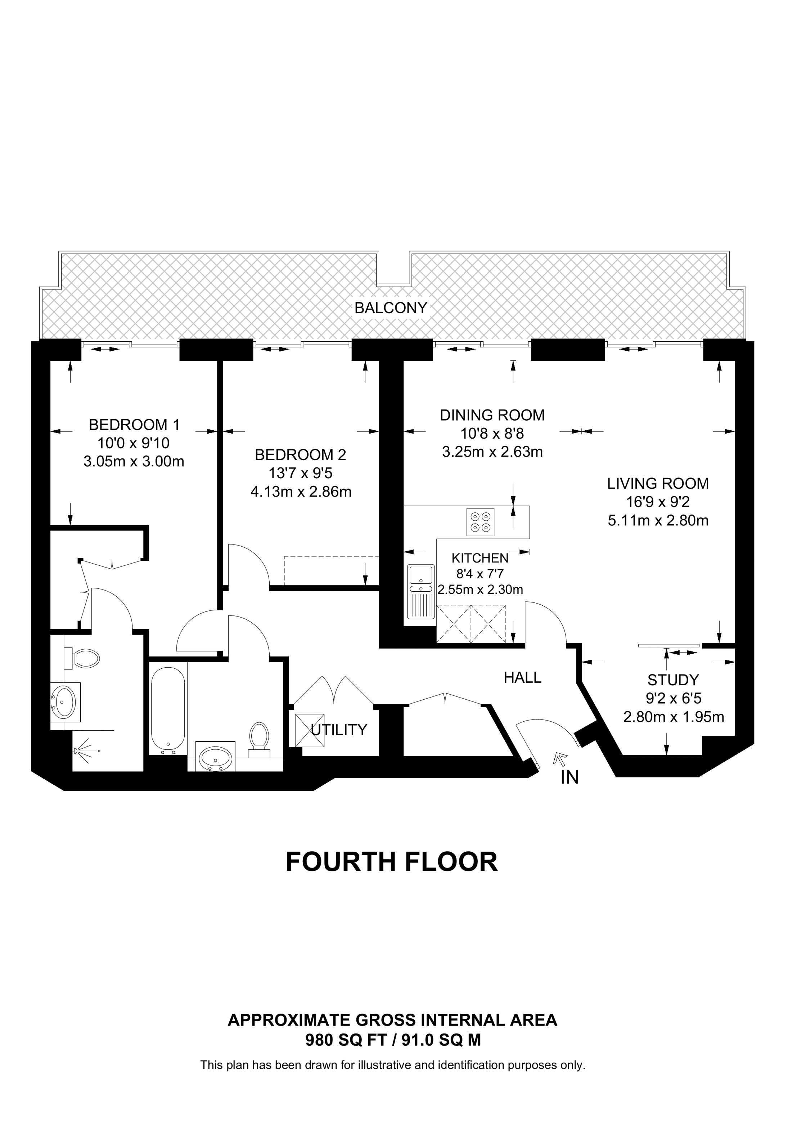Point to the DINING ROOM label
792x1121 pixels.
pyautogui.click(x=492, y=415)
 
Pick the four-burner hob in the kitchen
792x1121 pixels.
pyautogui.click(x=481, y=522)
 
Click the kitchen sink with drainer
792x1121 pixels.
pyautogui.click(x=420, y=598)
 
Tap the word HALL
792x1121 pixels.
pyautogui.click(x=523, y=677)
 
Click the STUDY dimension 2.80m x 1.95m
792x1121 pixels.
pyautogui.click(x=674, y=717)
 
